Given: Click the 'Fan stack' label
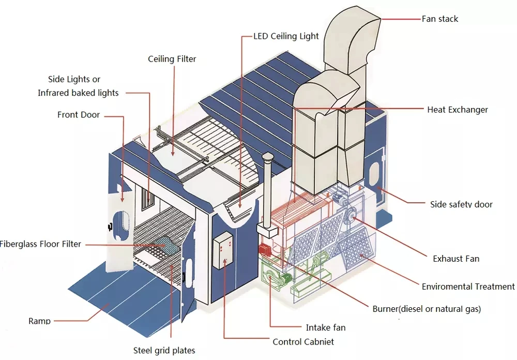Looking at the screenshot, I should point(440,19).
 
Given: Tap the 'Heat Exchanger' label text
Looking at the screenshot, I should point(458,110).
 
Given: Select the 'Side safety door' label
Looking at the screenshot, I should point(461,204).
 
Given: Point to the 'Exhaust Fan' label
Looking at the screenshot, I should point(456,259).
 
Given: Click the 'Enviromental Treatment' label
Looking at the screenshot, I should point(468,287).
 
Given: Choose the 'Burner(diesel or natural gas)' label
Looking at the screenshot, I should point(427,309).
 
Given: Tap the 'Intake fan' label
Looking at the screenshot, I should point(326,327).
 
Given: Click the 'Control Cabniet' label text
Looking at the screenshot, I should point(303,342).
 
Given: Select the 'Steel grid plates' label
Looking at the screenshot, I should point(164,351).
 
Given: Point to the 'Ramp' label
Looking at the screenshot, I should point(39,321).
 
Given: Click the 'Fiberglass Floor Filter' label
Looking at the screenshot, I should point(40,244).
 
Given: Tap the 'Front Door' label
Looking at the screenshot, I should point(79,114).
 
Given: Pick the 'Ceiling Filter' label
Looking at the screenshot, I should point(172,59).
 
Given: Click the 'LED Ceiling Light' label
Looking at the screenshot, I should point(286,36).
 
